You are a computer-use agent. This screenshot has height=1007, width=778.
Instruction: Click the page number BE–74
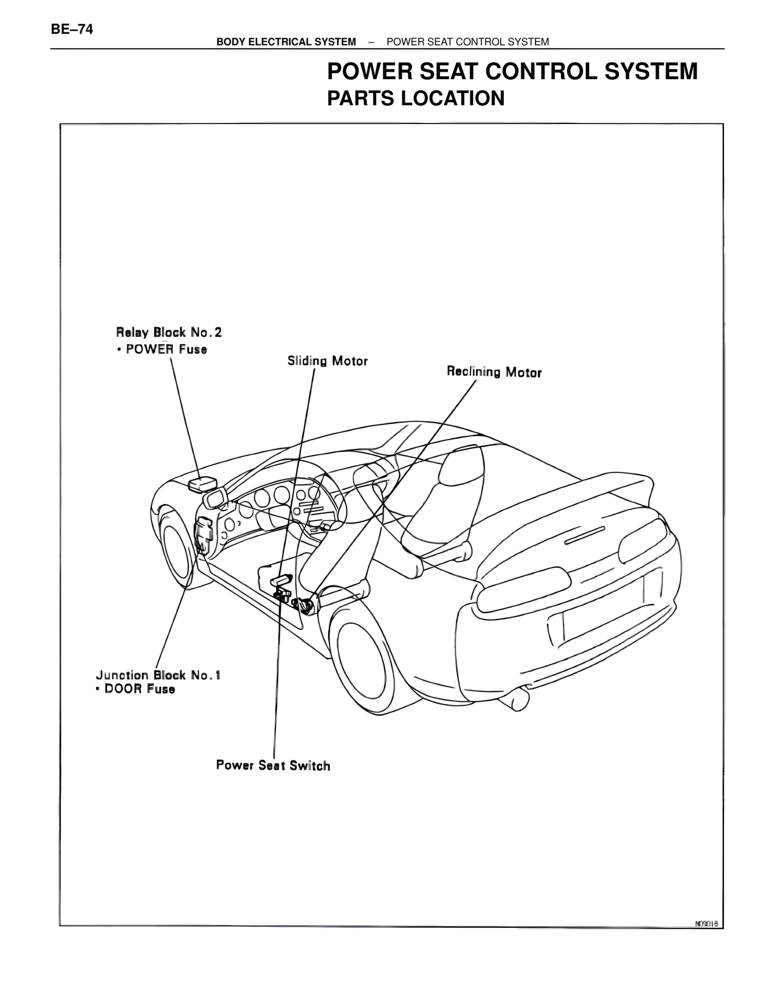click(x=72, y=29)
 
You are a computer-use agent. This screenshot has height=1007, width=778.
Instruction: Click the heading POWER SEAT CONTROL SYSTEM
click(x=512, y=71)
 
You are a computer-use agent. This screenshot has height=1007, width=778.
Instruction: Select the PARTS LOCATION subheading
click(x=416, y=99)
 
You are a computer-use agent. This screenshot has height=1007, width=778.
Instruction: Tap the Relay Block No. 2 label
click(x=169, y=332)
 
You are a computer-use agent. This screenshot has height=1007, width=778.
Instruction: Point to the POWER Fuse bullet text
click(x=167, y=349)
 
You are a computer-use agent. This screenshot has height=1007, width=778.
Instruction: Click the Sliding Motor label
click(x=328, y=361)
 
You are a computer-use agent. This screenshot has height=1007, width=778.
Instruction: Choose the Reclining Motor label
click(x=494, y=372)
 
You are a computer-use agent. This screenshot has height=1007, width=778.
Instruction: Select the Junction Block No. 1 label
click(x=158, y=675)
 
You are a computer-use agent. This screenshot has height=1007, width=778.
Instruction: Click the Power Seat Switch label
click(x=274, y=765)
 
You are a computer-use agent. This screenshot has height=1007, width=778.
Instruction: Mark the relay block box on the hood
click(x=203, y=483)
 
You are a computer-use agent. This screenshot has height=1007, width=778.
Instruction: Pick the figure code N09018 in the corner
click(x=706, y=924)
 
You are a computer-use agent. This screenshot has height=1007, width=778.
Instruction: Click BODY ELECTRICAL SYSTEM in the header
click(x=286, y=42)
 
